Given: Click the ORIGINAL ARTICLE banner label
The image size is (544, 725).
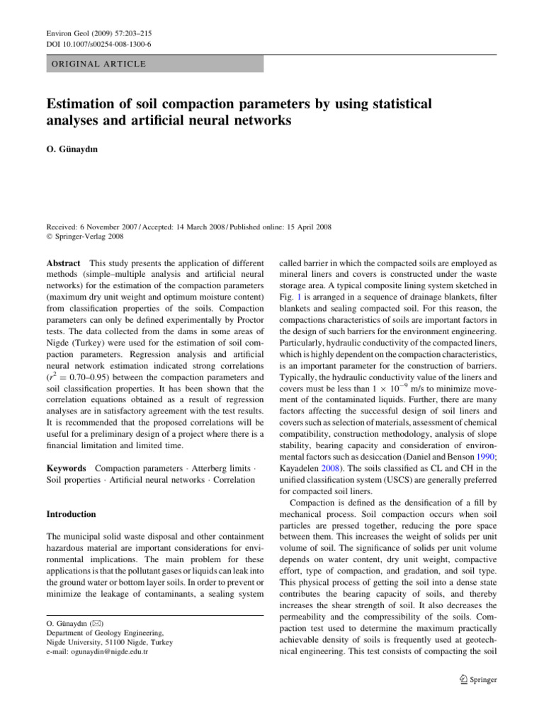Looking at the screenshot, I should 96,64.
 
